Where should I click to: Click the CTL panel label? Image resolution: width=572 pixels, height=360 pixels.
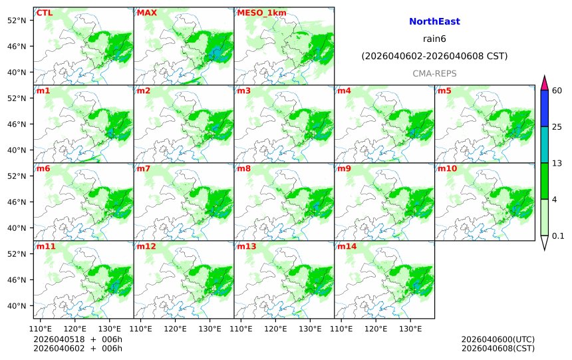[x=45, y=13]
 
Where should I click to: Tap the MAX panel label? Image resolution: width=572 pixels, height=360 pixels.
[x=146, y=13]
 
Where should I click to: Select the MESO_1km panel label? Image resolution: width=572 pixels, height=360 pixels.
[x=257, y=13]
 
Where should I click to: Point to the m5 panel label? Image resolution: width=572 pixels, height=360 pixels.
[x=444, y=90]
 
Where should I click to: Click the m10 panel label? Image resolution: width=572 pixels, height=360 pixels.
[x=447, y=168]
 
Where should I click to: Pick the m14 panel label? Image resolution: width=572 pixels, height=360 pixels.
[x=347, y=246]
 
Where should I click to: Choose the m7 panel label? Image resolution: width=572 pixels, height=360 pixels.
[x=144, y=168]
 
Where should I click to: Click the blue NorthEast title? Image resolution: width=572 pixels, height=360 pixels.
[x=434, y=21]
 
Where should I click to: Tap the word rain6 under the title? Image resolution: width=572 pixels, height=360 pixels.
[x=434, y=39]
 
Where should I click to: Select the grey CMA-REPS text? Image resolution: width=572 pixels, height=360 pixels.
[x=434, y=73]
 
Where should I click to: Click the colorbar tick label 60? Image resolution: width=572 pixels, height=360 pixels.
[x=557, y=90]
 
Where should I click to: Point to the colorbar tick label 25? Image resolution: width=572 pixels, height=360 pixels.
[x=557, y=126]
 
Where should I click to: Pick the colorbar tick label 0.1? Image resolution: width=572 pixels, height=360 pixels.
[x=558, y=236]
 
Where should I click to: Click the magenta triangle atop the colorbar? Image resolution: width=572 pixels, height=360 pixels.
[x=544, y=83]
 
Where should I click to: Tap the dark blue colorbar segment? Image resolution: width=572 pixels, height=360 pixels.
[x=544, y=108]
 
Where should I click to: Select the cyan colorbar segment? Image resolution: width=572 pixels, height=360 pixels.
[x=544, y=144]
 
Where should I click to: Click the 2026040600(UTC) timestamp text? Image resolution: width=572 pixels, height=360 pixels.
[x=498, y=339]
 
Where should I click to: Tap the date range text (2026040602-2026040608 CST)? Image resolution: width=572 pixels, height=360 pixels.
[x=434, y=56]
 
